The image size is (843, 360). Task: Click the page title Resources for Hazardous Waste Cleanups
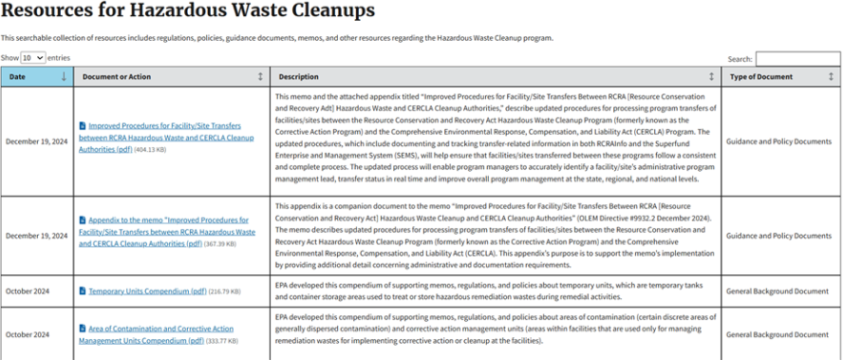(188, 11)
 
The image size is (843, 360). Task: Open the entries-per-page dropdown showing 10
(32, 58)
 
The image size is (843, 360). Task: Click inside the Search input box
(797, 59)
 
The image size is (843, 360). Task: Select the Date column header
(18, 76)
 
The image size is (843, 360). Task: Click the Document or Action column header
(117, 76)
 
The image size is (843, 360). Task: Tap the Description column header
(299, 76)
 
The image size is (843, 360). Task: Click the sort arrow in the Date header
(64, 76)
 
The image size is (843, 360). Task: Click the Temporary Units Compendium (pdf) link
(147, 291)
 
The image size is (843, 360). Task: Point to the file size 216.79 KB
(225, 291)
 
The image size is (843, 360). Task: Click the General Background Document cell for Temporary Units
(777, 291)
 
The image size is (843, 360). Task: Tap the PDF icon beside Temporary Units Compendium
(83, 291)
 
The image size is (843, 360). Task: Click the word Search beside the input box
(740, 59)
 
